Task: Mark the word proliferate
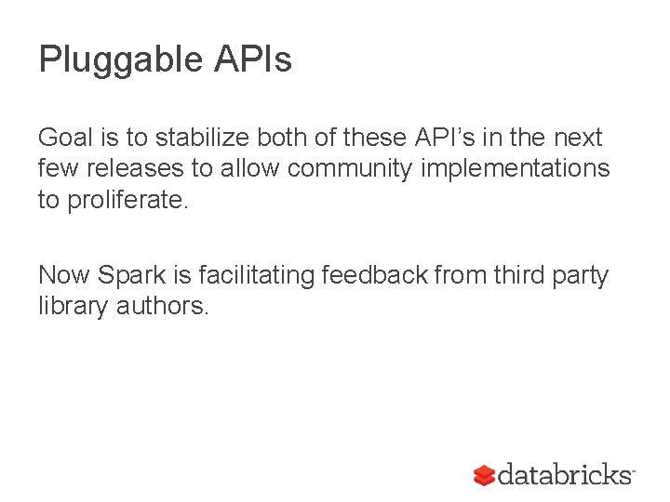pos(127,200)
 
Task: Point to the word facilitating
pos(260,275)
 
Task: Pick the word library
pos(74,306)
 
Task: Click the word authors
pos(163,306)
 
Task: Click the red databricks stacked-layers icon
pos(484,476)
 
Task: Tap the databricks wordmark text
pos(565,475)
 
